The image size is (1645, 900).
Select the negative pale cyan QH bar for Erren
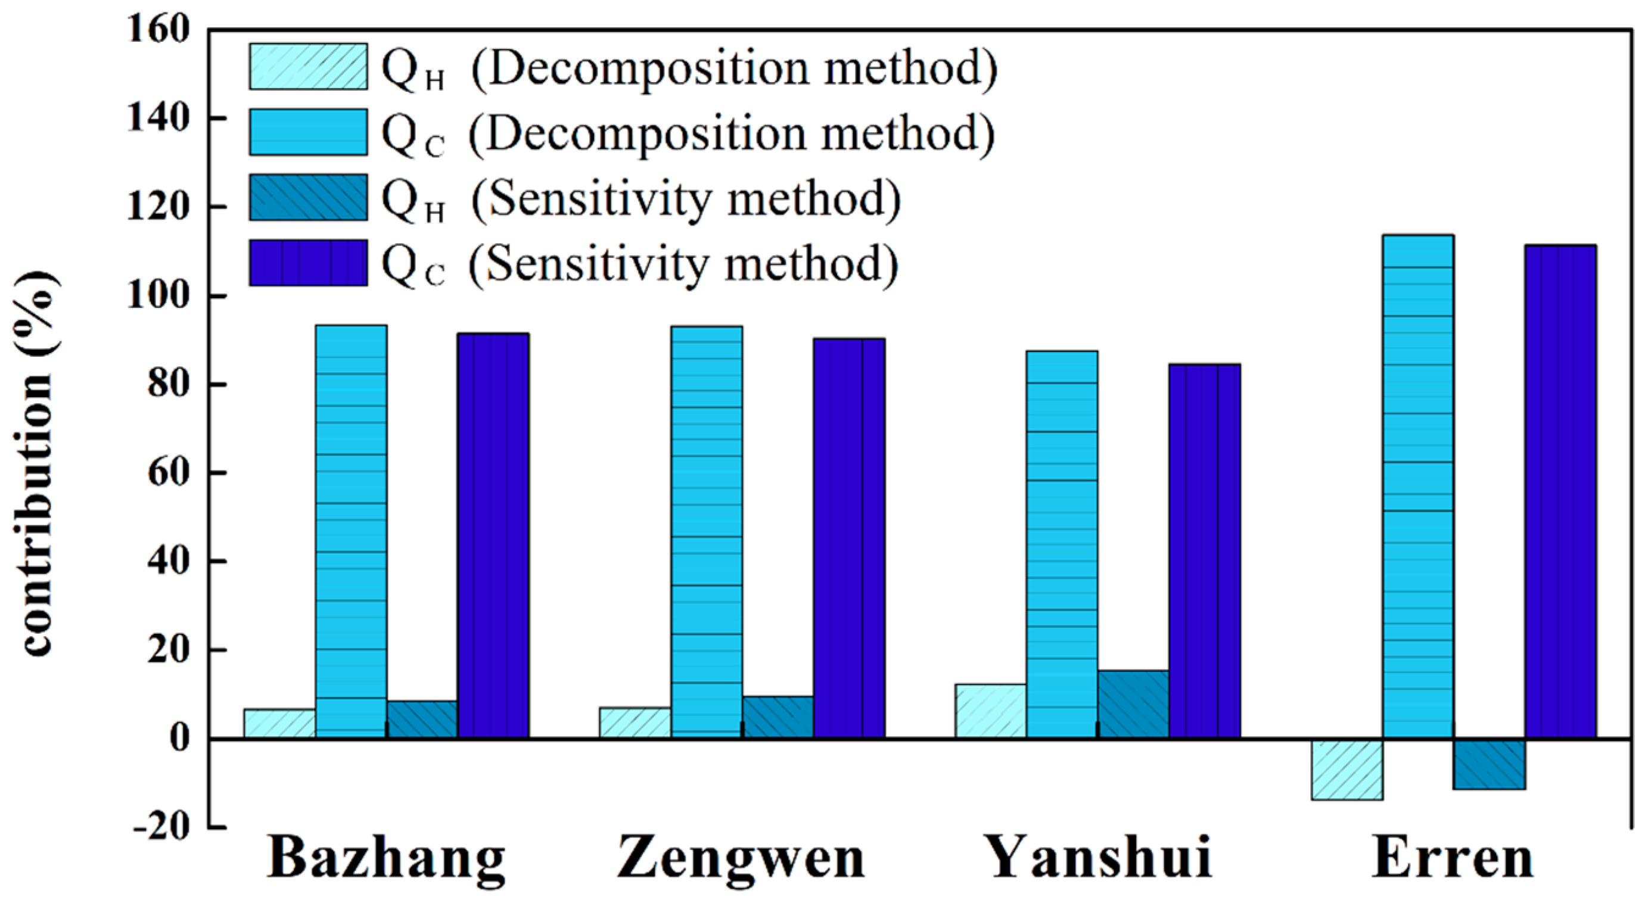1348,769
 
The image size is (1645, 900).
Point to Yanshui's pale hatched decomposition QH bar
990,711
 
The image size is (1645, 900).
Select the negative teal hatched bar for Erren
1489,764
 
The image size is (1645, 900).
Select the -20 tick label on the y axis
161,827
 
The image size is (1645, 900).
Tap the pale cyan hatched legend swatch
308,66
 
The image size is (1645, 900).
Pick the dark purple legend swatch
308,262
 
